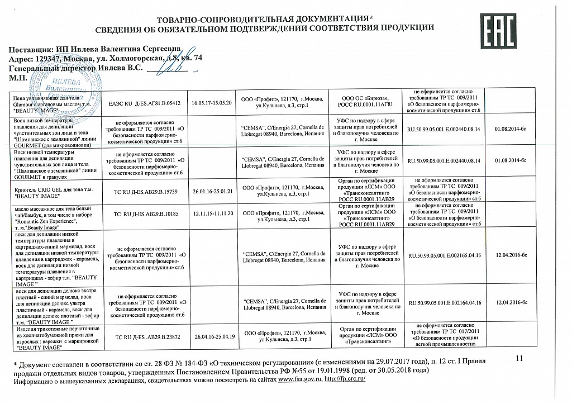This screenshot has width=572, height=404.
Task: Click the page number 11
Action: (x=521, y=358)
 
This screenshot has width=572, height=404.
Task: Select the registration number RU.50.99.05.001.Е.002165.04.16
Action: (x=445, y=255)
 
